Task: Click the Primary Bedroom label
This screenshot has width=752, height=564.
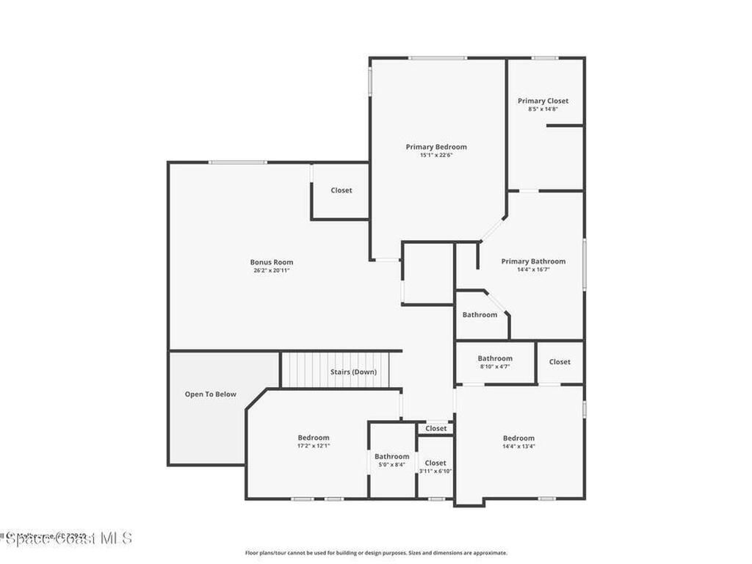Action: tap(436, 147)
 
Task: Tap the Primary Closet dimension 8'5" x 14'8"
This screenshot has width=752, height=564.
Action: tap(543, 109)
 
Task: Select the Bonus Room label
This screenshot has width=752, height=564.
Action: tap(272, 262)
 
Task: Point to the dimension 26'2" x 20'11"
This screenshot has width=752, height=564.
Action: tap(272, 270)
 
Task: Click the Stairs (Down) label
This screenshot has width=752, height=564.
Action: tap(353, 372)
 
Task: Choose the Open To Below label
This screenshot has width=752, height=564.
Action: tap(211, 394)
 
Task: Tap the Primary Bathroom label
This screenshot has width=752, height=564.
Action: tap(533, 261)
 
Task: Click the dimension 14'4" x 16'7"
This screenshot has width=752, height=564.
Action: tap(533, 270)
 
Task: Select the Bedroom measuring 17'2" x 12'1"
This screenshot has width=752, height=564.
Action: tap(314, 438)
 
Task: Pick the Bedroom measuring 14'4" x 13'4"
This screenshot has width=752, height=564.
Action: tap(518, 438)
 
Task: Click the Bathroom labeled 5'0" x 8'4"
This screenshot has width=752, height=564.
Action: tap(392, 457)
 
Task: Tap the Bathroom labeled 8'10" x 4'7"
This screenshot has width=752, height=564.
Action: tap(495, 359)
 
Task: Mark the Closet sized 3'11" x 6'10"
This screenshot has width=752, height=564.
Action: tap(435, 463)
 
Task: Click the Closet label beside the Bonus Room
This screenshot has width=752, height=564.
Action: tap(341, 190)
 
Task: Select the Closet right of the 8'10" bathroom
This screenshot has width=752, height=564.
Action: tap(560, 361)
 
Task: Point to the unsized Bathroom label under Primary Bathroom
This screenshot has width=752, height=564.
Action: tap(480, 315)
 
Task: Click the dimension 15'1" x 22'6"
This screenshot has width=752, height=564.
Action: tap(436, 155)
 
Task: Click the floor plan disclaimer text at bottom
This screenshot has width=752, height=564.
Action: tap(375, 553)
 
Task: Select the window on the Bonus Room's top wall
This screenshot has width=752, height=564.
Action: tap(237, 162)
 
